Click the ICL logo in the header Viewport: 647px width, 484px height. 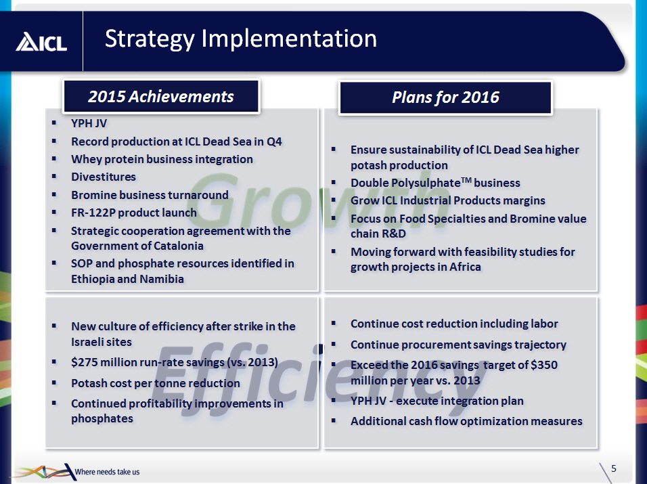[x=41, y=42]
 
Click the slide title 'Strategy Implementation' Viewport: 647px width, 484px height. [x=241, y=39]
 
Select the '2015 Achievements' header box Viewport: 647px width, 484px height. [x=161, y=96]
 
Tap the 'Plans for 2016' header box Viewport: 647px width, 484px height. [x=445, y=97]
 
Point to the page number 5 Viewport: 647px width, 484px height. [x=614, y=468]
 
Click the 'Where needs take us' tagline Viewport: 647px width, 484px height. [x=108, y=472]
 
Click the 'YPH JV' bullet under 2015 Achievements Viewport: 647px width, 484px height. [x=89, y=123]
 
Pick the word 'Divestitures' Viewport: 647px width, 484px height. [x=104, y=177]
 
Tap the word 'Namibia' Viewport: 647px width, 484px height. [x=162, y=279]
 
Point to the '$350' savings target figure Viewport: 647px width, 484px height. [x=544, y=365]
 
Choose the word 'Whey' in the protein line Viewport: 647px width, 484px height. [x=85, y=159]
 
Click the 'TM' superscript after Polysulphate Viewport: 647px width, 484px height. [x=466, y=180]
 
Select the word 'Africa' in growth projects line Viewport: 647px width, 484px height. [x=465, y=267]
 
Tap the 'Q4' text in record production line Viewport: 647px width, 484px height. [x=274, y=141]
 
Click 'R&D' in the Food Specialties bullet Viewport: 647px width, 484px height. [x=392, y=234]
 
